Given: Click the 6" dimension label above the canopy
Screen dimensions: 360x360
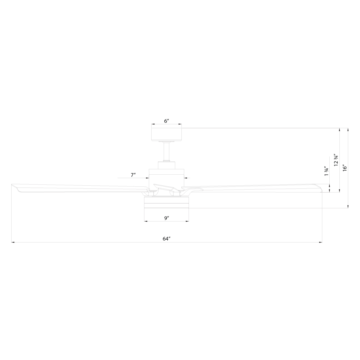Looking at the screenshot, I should pos(166,121).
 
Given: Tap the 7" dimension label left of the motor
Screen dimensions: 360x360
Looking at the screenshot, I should pos(133,175).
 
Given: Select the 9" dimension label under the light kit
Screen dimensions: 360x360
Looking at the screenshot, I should pos(166,218).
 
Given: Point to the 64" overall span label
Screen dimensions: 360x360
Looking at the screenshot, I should pos(166,239).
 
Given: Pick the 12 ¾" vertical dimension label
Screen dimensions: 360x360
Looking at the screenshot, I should pos(336,160).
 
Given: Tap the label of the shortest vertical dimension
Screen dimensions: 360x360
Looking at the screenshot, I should pos(326,171).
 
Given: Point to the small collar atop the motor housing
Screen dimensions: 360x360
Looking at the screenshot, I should pos(166,165).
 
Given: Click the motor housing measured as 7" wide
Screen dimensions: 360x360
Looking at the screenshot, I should pos(166,176).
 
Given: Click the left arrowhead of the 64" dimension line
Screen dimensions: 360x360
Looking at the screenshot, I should pos(12,242).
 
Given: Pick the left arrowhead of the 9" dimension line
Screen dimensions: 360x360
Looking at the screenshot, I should pos(145,221).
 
